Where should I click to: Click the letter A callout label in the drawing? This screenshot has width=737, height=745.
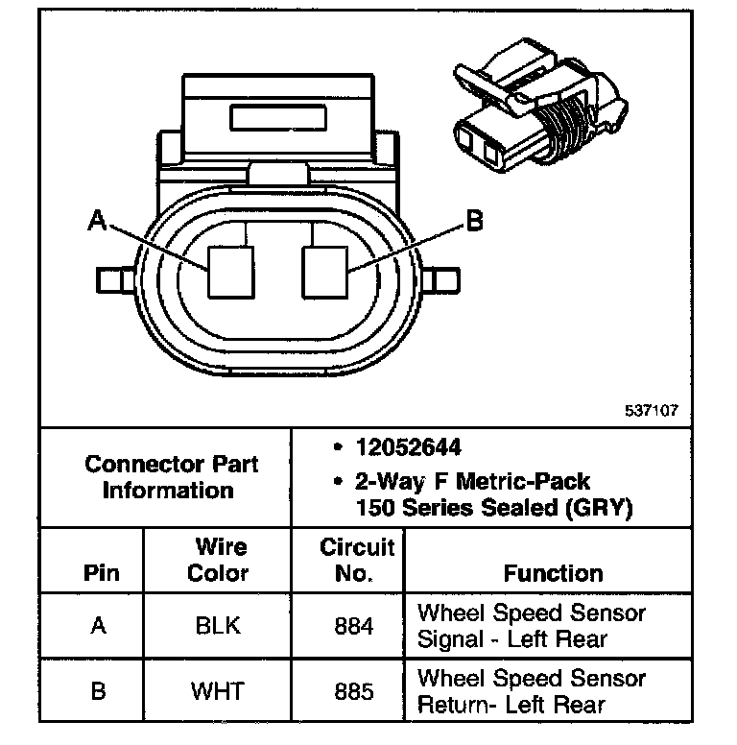96,222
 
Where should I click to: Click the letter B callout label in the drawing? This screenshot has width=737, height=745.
473,223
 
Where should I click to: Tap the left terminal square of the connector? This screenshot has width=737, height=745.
231,271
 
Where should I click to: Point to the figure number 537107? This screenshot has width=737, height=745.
652,409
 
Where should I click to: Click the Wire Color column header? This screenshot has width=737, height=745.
218,560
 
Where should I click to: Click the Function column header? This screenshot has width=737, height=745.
553,573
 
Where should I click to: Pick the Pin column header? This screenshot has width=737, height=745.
102,573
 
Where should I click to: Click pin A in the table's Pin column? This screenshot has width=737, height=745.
98,626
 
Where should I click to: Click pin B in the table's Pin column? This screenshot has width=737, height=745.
98,691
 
